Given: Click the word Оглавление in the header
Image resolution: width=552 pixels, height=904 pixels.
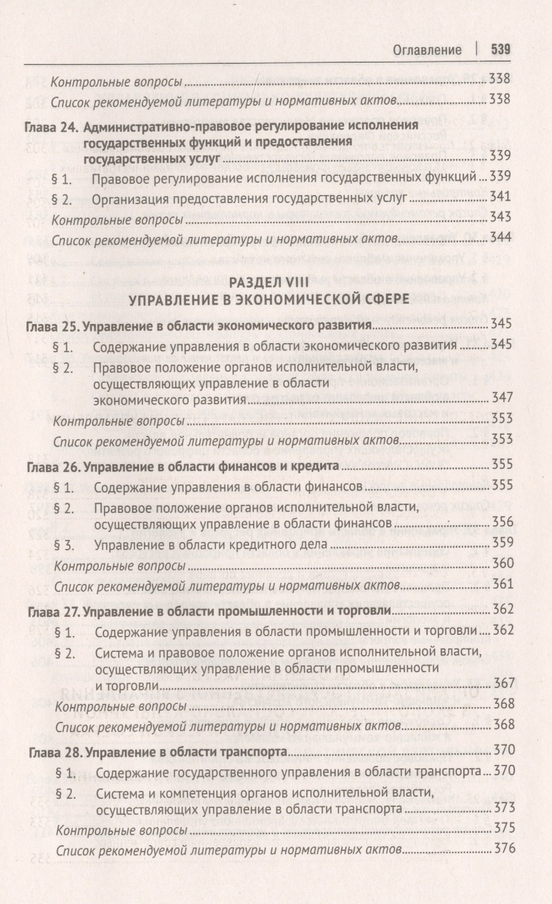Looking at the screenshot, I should (x=427, y=50).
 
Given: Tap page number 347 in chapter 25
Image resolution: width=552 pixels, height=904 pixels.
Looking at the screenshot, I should (x=502, y=397).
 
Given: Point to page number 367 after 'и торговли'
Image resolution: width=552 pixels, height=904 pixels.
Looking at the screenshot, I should (x=503, y=684).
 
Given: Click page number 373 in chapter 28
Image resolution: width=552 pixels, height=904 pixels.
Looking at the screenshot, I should (x=503, y=807).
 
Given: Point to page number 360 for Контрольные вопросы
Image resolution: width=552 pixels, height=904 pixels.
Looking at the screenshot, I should (x=502, y=563).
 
